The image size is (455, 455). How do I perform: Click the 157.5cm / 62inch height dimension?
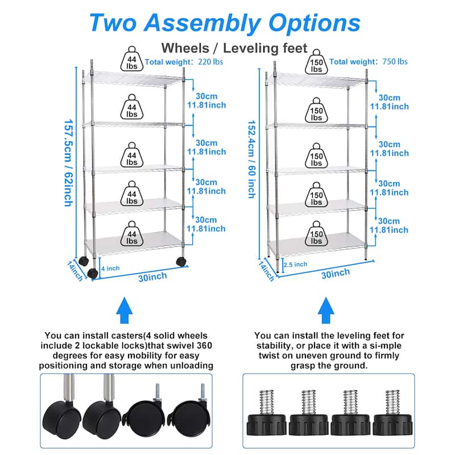pos(68,162)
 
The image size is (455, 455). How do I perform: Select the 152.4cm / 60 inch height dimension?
pos(250,159)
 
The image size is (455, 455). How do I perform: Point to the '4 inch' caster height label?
pos(110,268)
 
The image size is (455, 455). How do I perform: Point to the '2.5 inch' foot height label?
pos(296,264)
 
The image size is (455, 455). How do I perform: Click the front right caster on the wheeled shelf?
pos(181,262)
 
